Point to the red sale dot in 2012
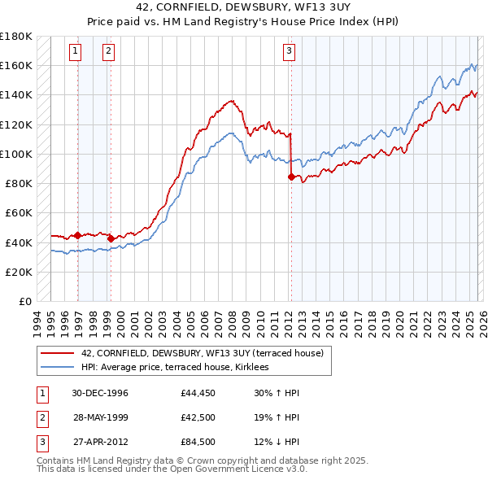pos(291,176)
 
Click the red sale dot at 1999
pos(111,238)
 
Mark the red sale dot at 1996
pos(77,235)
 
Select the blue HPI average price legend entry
pos(179,368)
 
